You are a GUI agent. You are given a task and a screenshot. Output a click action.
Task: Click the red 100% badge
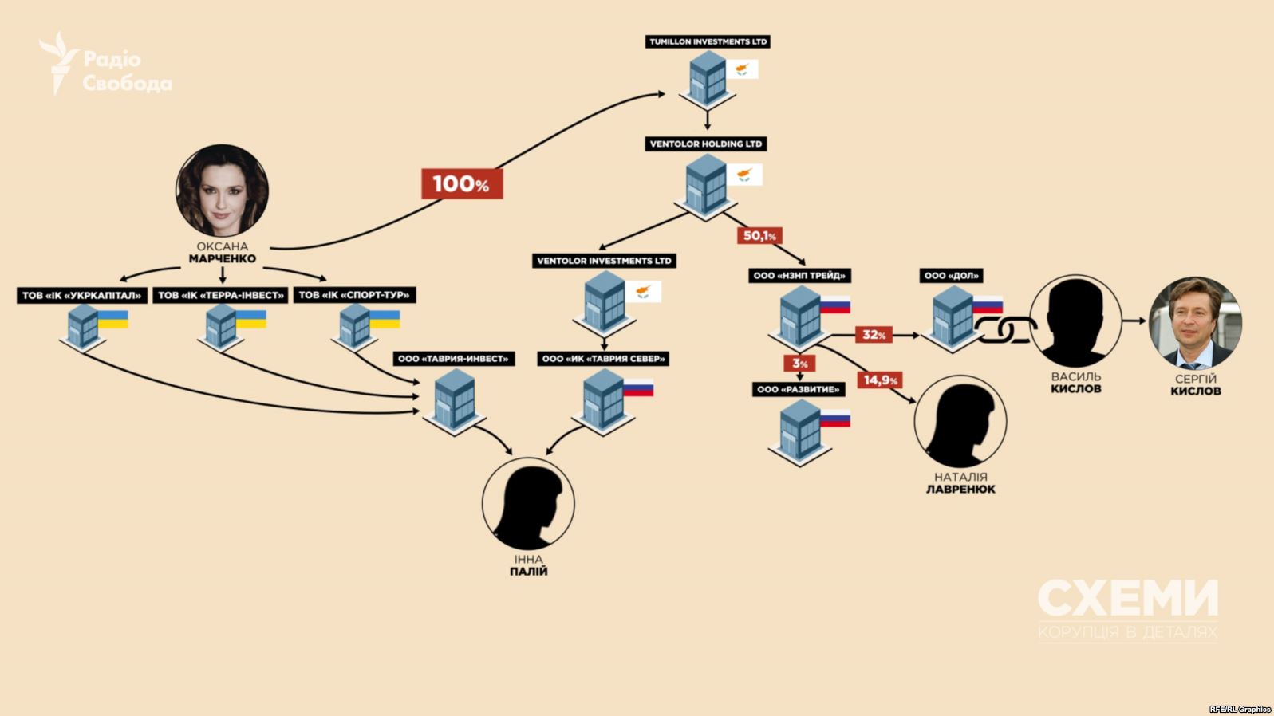(x=462, y=183)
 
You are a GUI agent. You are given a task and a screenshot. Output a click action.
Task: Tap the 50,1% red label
(x=759, y=235)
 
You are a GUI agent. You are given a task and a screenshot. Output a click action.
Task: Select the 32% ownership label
(x=874, y=335)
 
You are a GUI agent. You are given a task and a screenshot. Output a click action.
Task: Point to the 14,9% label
(x=881, y=380)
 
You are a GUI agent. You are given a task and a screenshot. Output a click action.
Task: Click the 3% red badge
(x=799, y=363)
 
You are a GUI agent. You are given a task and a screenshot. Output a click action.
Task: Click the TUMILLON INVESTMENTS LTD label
(x=708, y=41)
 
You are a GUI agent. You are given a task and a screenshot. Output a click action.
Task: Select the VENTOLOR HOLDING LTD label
(x=706, y=144)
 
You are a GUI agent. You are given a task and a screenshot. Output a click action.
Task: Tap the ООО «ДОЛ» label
(x=951, y=276)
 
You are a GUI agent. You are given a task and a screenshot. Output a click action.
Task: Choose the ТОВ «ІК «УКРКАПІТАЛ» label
(x=82, y=296)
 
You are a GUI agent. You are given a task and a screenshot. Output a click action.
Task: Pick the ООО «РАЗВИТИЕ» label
(x=799, y=389)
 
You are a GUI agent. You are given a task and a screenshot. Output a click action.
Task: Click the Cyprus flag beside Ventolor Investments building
(x=643, y=291)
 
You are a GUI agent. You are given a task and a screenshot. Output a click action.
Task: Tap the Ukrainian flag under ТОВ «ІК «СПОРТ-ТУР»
(x=385, y=319)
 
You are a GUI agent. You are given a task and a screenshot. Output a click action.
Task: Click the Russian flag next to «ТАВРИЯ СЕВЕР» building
(x=638, y=387)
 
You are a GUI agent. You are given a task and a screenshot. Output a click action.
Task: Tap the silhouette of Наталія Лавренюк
(x=960, y=421)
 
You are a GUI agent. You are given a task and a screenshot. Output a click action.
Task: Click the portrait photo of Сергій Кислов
(x=1195, y=324)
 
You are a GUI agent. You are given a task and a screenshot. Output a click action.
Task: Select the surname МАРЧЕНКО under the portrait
(x=223, y=259)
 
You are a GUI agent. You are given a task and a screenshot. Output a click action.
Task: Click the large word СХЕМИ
(x=1128, y=598)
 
